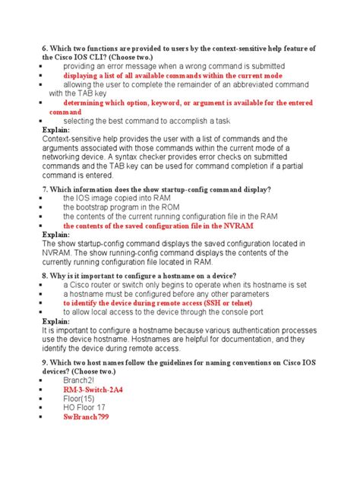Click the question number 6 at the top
[x=45, y=49]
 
